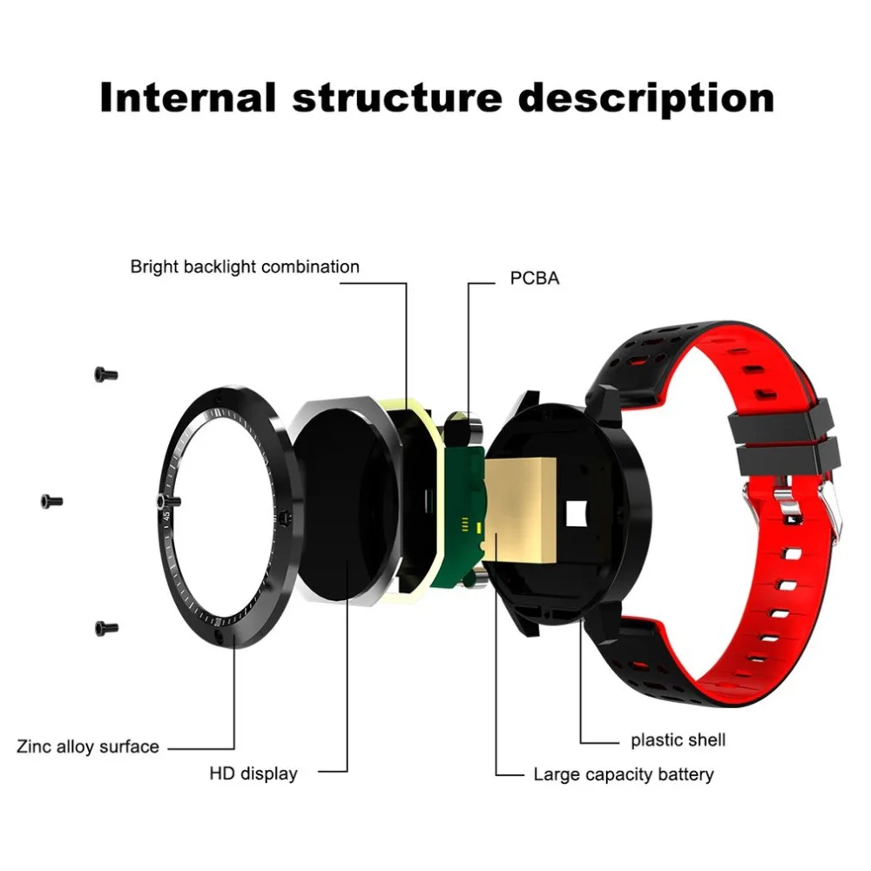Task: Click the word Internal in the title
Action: pos(187,97)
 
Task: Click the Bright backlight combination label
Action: pos(245,267)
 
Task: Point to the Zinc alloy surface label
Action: pos(88,746)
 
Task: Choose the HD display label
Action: pos(253,773)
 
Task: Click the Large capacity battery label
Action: pos(624,773)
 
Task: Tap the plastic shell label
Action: pos(679,740)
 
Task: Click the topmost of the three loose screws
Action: pos(105,374)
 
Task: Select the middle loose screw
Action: pos(52,501)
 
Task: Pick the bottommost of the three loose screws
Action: pos(105,627)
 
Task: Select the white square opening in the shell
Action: pos(577,515)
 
